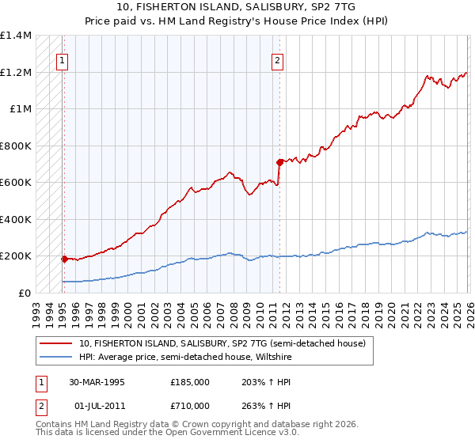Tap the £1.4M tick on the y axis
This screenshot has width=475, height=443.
(15, 36)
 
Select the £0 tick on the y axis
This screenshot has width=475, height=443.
(25, 293)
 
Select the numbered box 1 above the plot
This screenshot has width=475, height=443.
(62, 58)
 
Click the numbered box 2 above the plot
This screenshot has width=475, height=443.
(277, 58)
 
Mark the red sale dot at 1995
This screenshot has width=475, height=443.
(64, 259)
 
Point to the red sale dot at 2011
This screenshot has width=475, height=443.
(279, 162)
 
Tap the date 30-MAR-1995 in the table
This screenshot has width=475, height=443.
(97, 381)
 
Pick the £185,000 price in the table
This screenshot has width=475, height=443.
(189, 381)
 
